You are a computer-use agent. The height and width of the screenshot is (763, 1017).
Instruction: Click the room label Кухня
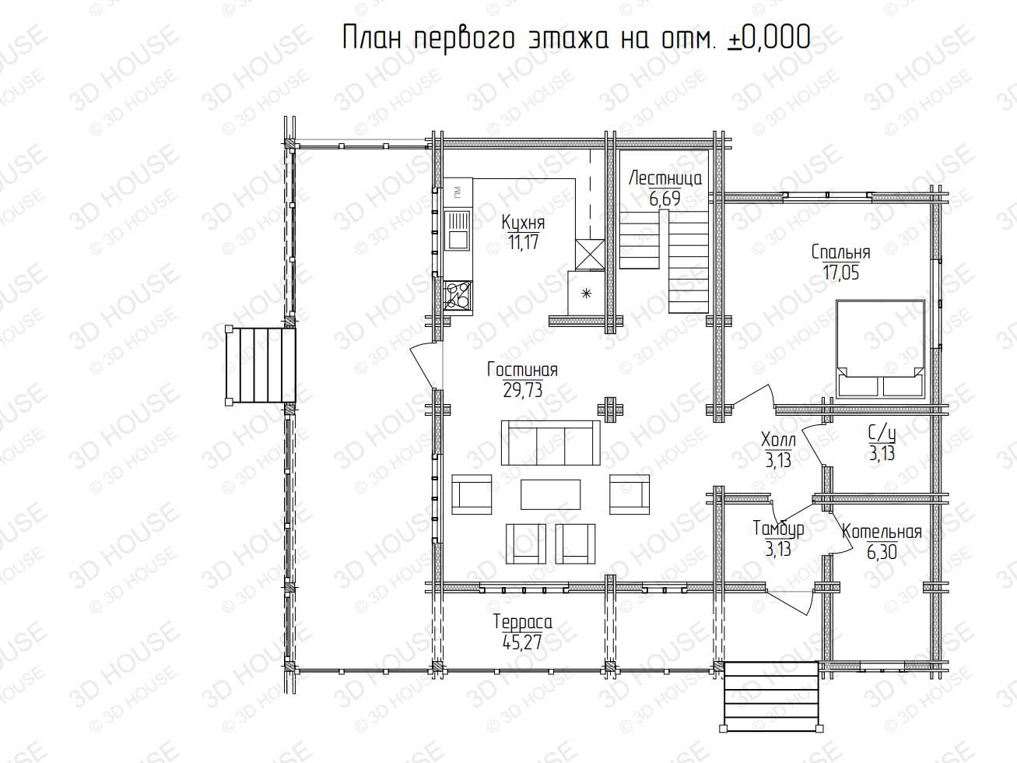523,223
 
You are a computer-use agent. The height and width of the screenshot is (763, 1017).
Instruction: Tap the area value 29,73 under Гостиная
523,390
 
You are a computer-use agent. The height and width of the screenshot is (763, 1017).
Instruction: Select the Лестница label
665,178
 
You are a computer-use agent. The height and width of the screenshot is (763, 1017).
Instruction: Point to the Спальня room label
841,252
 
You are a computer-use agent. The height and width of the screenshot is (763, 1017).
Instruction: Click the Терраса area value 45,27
522,642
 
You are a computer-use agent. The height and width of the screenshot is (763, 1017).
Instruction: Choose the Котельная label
882,532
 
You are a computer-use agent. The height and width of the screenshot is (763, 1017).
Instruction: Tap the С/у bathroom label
882,434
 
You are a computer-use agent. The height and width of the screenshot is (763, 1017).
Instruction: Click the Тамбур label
778,529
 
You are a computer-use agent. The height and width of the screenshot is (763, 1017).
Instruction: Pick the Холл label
778,440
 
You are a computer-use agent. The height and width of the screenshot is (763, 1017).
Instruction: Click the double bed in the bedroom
880,349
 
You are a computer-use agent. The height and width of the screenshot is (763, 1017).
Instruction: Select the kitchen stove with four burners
458,295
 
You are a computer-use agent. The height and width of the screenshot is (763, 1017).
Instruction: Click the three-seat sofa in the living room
551,443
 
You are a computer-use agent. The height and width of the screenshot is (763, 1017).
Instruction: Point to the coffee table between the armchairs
550,494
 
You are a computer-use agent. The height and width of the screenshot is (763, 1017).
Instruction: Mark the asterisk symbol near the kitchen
587,293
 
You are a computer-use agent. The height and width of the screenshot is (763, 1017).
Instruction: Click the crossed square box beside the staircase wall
590,254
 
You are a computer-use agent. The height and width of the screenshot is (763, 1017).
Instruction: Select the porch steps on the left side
261,365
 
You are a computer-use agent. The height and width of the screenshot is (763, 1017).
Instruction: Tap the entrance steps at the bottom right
771,696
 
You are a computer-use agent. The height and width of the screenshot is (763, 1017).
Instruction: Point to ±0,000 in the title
769,37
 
